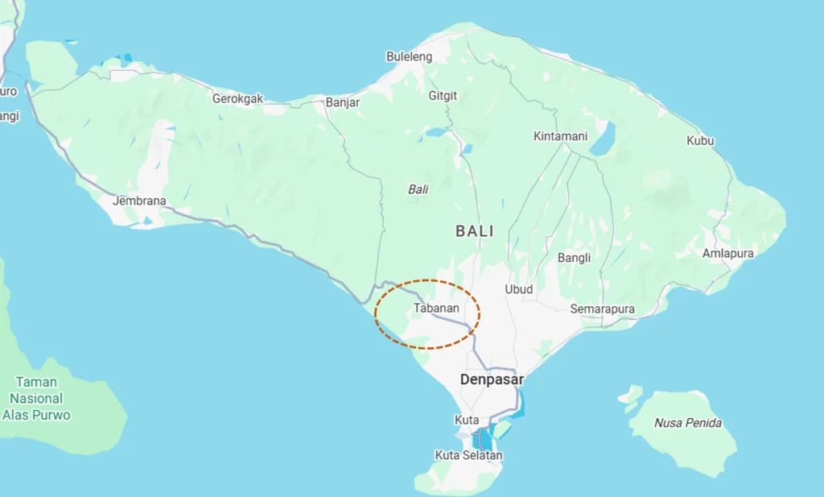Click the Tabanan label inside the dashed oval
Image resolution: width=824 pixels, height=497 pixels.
point(436,309)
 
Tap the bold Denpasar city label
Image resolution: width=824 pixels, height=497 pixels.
point(492,379)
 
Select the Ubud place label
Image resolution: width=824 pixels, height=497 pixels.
point(518,289)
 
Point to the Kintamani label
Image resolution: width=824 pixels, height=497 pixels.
point(560,136)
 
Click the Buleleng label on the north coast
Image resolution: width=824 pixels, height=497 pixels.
point(409,57)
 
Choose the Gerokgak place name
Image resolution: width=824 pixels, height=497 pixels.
point(237,99)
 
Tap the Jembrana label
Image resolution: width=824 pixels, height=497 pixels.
point(139,201)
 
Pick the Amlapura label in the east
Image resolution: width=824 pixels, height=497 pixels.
point(727,253)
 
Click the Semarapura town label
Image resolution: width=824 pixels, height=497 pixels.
point(602,309)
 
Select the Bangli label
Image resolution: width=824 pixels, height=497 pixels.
point(574,258)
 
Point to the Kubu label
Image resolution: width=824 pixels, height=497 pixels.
point(700,141)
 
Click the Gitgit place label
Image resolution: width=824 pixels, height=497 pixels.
point(443,96)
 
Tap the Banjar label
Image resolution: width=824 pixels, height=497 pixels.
point(343,102)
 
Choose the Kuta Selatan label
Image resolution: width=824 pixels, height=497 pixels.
point(468,456)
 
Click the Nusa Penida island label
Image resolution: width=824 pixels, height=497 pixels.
point(687,423)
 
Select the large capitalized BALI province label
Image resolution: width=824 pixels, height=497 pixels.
point(475,231)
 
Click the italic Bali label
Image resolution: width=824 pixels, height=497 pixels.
point(418,189)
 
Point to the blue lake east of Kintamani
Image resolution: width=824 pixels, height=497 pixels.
point(603,138)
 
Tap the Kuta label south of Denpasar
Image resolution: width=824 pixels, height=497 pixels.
point(467,420)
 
